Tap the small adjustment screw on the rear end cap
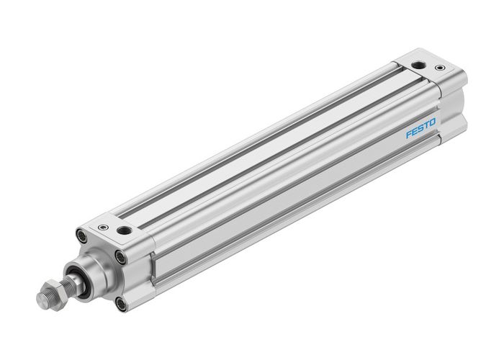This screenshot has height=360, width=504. pyautogui.click(x=439, y=68)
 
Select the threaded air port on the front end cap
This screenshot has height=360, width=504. pyautogui.click(x=125, y=231)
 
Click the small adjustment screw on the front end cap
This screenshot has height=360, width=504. pyautogui.click(x=104, y=228)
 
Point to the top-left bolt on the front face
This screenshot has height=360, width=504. pyautogui.click(x=81, y=234)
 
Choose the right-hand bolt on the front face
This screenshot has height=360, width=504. pyautogui.click(x=121, y=256)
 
